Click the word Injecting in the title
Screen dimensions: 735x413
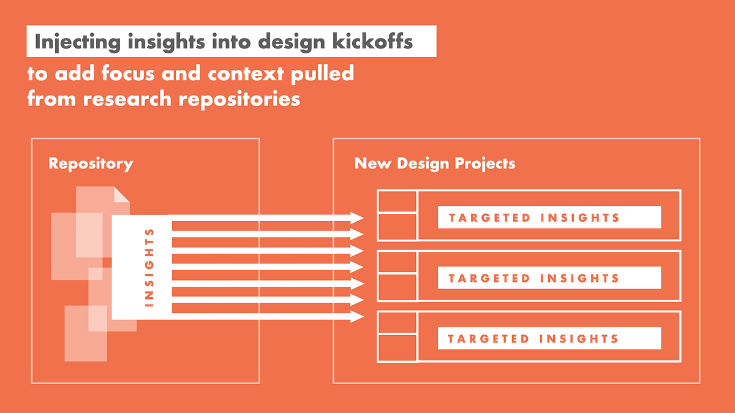[77, 42]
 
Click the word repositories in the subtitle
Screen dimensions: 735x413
[239, 99]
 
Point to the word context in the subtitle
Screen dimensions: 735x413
[246, 73]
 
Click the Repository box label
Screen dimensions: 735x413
[91, 164]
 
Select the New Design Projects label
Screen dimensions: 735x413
[435, 164]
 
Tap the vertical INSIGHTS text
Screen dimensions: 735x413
[149, 268]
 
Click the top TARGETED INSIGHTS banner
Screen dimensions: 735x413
[549, 218]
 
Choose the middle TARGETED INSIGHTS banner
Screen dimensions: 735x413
[549, 278]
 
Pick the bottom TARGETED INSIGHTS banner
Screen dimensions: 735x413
[549, 338]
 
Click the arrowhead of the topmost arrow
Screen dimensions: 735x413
[357, 218]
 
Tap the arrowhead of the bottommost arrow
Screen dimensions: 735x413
[357, 316]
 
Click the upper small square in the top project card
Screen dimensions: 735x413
[397, 201]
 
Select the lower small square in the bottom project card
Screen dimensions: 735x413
[397, 347]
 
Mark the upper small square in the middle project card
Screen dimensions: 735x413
[397, 262]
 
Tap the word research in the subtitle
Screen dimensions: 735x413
[127, 99]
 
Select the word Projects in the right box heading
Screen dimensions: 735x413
[485, 164]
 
